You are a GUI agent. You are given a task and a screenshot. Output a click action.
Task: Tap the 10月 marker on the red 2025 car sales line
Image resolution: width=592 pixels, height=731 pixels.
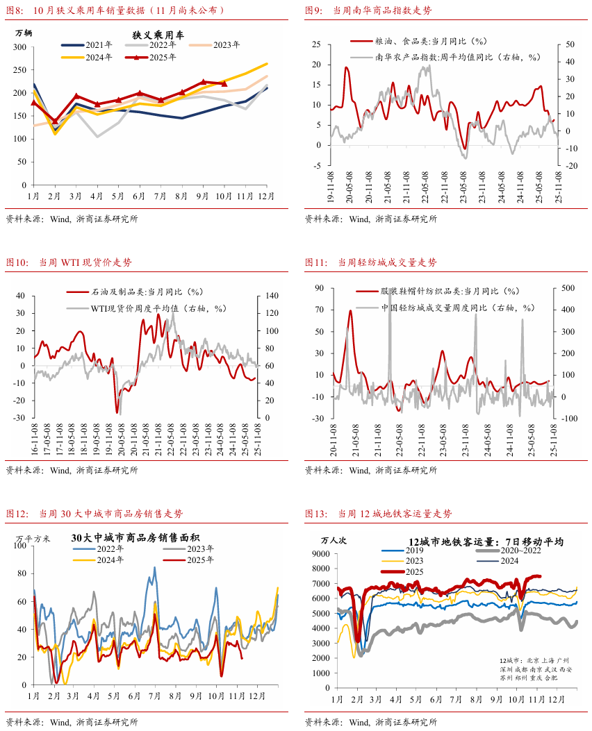[224, 83]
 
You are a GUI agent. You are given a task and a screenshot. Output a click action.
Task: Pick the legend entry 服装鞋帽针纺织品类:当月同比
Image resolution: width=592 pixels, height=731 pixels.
[449, 292]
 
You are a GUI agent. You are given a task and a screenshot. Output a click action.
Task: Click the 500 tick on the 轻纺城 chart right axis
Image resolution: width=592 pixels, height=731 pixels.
[568, 287]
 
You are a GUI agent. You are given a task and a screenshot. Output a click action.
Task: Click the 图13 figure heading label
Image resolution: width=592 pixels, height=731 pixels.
[316, 514]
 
